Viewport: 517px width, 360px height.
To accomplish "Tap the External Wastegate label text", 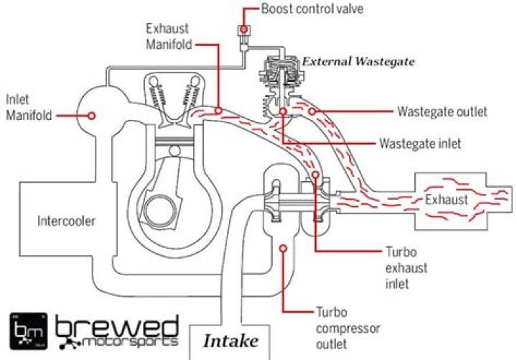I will [x=358, y=62].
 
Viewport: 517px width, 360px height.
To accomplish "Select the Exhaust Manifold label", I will [x=167, y=37].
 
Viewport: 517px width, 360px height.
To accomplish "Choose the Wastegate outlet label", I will [x=442, y=112].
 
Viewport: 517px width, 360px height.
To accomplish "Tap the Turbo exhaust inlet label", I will [x=408, y=267].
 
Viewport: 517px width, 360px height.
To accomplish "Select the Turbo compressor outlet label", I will [x=347, y=326].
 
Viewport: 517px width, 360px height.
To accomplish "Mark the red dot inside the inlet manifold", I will [x=92, y=115].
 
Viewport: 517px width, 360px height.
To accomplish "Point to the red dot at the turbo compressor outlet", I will [x=284, y=249].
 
